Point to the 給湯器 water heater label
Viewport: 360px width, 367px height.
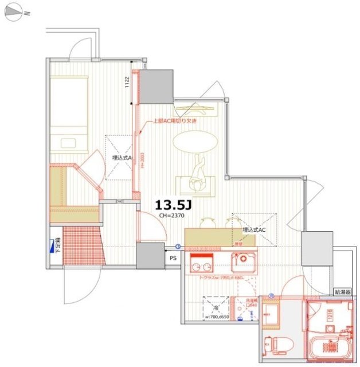pos(343,292)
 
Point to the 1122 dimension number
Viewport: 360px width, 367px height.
pos(128,83)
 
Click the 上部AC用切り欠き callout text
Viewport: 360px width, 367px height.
pos(175,121)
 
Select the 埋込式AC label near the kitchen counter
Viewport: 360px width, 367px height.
pos(253,229)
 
